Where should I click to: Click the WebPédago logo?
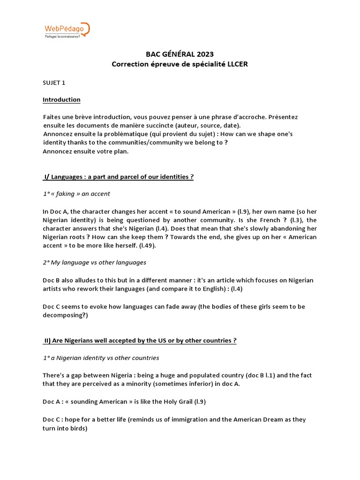click(66, 29)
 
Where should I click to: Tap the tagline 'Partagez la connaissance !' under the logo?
click(62, 36)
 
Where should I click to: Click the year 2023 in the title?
click(204, 54)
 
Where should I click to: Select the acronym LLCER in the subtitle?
click(238, 64)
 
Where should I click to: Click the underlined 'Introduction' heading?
click(61, 99)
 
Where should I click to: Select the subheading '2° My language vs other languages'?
click(94, 262)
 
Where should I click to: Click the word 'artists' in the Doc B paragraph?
click(53, 289)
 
